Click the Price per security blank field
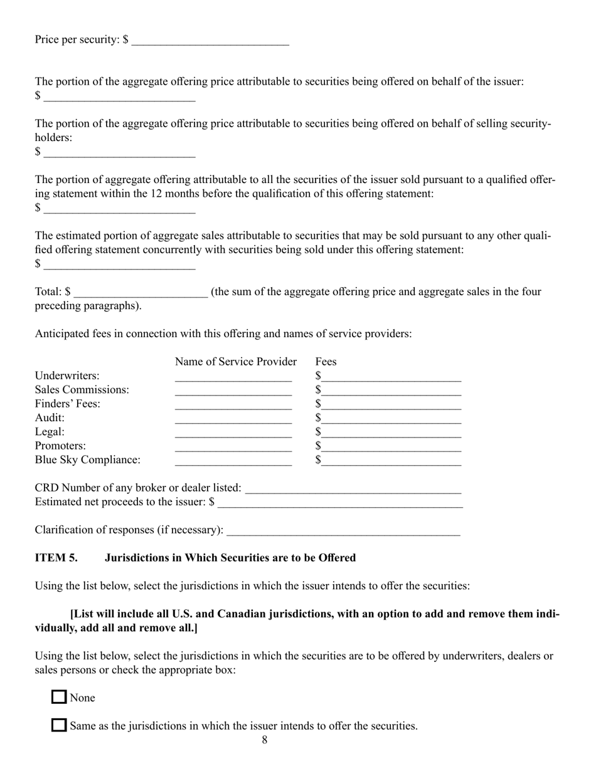point(210,40)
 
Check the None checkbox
point(59,697)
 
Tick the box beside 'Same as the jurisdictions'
point(59,725)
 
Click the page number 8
point(264,740)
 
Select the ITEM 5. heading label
point(56,558)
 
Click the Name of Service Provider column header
point(235,362)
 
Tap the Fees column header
point(326,362)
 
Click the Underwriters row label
point(67,376)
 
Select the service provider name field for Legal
point(233,433)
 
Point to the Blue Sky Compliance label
point(88,460)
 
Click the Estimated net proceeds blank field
point(340,502)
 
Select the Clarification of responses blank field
point(343,530)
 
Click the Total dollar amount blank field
point(140,292)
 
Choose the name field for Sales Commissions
point(233,391)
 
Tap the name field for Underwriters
point(233,377)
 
